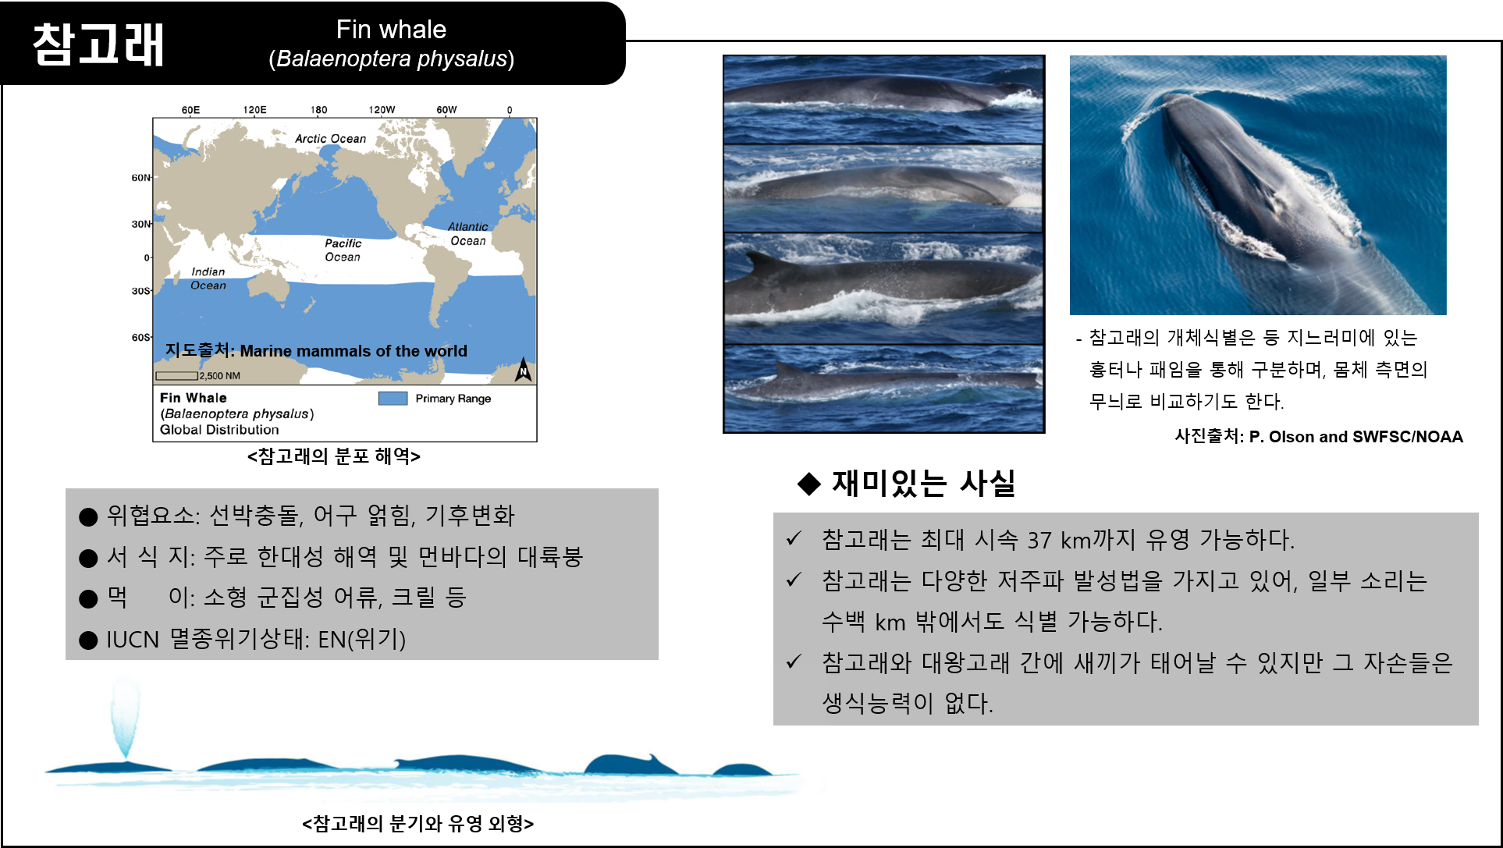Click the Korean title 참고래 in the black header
(x=98, y=44)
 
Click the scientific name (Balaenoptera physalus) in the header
(x=392, y=59)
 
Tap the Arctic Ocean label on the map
(x=330, y=139)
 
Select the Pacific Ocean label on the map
(x=343, y=250)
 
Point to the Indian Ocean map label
(x=208, y=279)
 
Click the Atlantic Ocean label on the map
(x=467, y=233)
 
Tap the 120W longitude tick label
(x=382, y=110)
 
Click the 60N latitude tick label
(x=140, y=178)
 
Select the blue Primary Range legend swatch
(x=393, y=399)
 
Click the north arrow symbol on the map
(x=523, y=370)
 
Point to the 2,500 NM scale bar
(x=176, y=376)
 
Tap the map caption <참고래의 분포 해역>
(x=334, y=456)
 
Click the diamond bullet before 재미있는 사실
(x=809, y=484)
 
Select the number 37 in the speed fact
(x=1039, y=540)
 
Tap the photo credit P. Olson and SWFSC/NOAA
(x=1356, y=437)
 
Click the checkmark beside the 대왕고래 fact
(x=794, y=662)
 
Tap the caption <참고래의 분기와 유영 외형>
(x=417, y=824)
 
